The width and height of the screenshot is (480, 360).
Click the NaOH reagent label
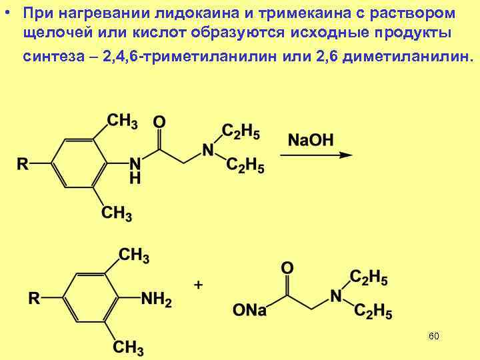311,140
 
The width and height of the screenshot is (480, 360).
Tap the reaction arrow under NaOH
316,155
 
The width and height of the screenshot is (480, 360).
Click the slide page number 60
433,335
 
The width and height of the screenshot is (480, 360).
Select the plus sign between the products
198,285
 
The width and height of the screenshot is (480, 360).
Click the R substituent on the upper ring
23,164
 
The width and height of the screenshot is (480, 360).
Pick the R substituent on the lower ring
34,299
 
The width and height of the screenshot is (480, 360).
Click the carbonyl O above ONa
287,268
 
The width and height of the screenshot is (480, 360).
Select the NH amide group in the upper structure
135,170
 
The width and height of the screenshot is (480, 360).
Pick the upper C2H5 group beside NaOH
241,131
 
